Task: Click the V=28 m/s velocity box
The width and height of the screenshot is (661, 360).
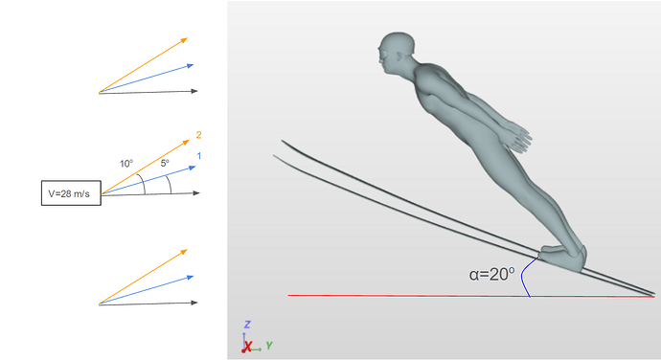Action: click(71, 193)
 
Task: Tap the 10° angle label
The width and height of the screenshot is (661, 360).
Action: click(126, 164)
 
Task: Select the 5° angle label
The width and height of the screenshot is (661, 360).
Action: click(165, 163)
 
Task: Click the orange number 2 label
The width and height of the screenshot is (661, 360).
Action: click(198, 135)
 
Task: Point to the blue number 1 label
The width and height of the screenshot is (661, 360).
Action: click(199, 156)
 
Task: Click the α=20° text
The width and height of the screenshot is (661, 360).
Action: click(491, 275)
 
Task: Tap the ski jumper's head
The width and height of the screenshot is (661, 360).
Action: click(396, 53)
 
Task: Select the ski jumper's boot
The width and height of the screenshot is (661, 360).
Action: click(563, 258)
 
